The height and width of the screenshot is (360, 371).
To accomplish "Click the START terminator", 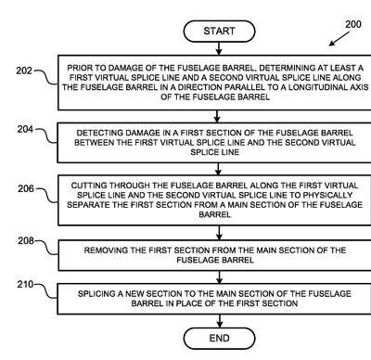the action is click(219, 32).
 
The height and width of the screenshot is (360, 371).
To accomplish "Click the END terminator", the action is click(219, 338).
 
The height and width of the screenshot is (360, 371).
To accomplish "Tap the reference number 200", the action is click(353, 24).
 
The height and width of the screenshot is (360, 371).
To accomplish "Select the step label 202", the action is click(24, 71).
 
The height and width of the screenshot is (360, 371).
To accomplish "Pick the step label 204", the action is click(25, 129).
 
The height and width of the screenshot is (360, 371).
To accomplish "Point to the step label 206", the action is click(26, 188).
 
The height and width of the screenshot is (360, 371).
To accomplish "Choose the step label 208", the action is click(26, 240).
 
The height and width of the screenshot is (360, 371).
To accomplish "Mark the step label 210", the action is click(25, 284).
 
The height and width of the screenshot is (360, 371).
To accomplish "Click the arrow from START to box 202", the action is click(219, 48).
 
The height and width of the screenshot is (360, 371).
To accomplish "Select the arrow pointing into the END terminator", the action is click(219, 321).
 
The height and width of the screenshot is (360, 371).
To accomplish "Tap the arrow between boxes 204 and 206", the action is click(218, 169).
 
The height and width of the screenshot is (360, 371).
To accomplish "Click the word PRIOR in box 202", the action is click(78, 68).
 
